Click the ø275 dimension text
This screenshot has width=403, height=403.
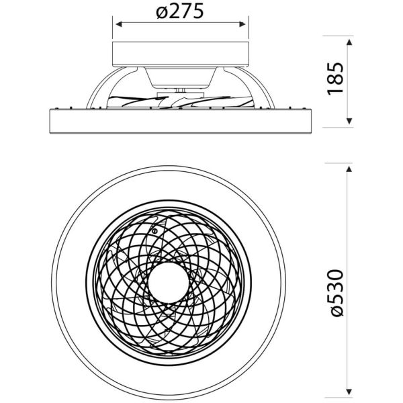click(x=179, y=12)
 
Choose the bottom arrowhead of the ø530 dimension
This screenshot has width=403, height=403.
click(x=349, y=391)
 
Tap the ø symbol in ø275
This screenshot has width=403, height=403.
click(x=159, y=12)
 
